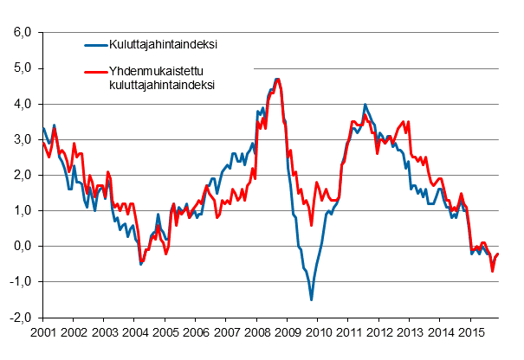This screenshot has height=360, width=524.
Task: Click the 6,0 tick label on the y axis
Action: point(22,33)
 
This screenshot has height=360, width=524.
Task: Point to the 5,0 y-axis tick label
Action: point(22,68)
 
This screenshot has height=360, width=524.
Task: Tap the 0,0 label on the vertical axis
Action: point(22,247)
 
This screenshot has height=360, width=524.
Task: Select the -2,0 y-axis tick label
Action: point(20,318)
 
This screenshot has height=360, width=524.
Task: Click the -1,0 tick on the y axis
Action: point(20,282)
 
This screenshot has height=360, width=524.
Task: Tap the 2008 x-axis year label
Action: point(256,331)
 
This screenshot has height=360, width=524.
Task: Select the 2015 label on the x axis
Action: point(471,331)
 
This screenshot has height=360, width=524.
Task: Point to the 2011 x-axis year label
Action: point(349,331)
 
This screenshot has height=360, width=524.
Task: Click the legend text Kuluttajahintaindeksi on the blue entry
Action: point(162,45)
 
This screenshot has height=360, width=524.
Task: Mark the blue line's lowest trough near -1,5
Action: point(311,299)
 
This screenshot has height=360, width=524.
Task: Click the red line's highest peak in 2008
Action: point(277,80)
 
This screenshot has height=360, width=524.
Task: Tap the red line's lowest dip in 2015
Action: point(493,271)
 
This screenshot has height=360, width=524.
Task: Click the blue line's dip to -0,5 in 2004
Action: point(140,264)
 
